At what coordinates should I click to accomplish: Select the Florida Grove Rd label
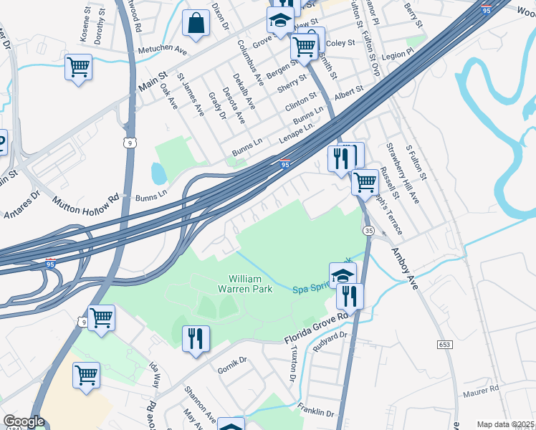[316, 325]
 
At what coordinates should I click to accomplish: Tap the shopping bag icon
[196, 24]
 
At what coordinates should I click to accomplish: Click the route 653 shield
[444, 345]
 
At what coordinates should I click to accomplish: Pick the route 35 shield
[368, 231]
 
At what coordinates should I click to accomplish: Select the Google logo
[24, 421]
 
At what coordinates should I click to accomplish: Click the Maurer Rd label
[482, 390]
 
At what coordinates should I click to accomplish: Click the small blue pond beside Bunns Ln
[158, 173]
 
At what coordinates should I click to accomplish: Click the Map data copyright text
[505, 424]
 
